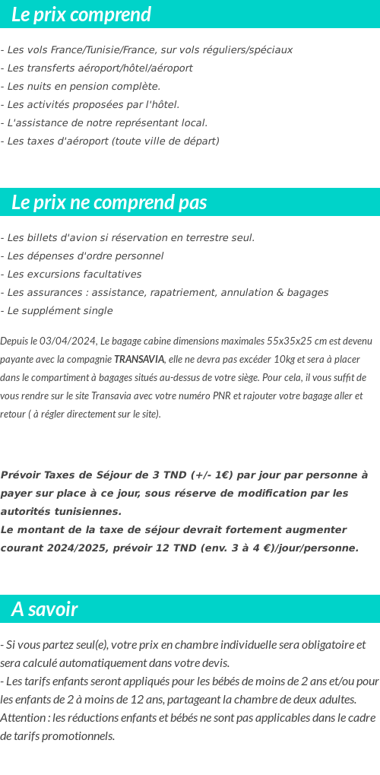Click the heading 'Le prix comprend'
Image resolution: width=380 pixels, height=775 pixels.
(81, 14)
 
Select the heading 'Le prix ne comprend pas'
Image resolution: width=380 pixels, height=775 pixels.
(109, 202)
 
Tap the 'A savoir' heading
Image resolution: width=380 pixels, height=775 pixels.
(45, 609)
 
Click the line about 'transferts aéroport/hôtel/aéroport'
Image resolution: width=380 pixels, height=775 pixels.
(97, 68)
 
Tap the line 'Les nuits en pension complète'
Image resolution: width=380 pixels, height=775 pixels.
(81, 86)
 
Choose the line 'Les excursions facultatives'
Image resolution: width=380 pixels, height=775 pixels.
(71, 274)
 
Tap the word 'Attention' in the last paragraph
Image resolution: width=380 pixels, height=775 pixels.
(23, 717)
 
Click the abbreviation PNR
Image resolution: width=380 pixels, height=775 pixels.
(252, 395)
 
